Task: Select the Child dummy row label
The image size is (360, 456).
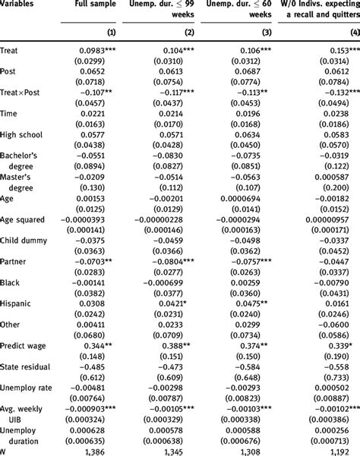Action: pos(24,241)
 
